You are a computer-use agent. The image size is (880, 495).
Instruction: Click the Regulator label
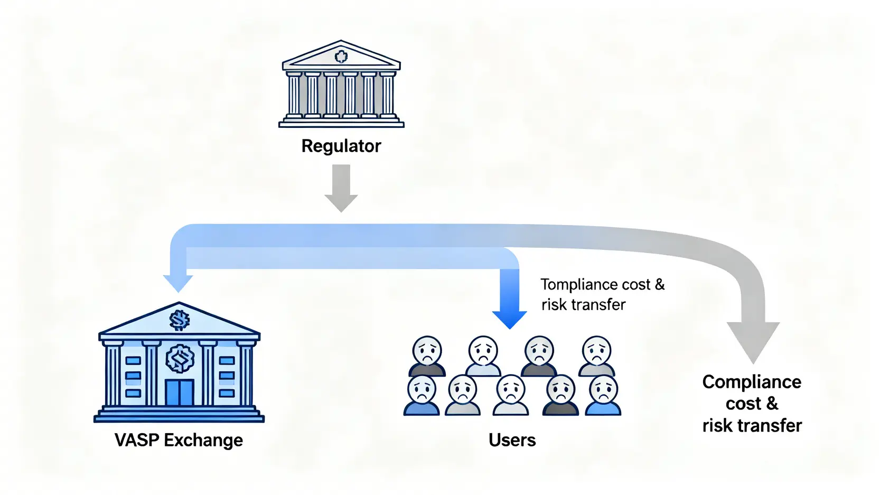341,146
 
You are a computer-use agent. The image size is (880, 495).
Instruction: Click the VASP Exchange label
179,440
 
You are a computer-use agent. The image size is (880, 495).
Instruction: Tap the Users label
512,440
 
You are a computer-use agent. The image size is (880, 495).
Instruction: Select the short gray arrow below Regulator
341,188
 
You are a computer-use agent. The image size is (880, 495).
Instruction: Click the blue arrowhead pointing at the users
509,319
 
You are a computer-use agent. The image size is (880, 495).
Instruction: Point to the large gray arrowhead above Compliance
753,341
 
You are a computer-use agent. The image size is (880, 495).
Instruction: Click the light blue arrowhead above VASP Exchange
178,283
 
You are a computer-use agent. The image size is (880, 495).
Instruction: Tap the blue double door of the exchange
180,392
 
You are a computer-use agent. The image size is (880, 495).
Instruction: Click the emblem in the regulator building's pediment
341,56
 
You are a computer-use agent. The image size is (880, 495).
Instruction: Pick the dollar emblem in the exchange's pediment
179,320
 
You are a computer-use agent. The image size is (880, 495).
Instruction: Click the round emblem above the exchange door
180,359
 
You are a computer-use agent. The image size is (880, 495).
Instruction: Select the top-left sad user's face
427,349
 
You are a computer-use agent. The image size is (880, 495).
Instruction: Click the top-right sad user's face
596,349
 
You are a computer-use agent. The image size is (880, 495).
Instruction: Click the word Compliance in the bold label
752,382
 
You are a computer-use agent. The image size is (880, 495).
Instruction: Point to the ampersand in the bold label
772,404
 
